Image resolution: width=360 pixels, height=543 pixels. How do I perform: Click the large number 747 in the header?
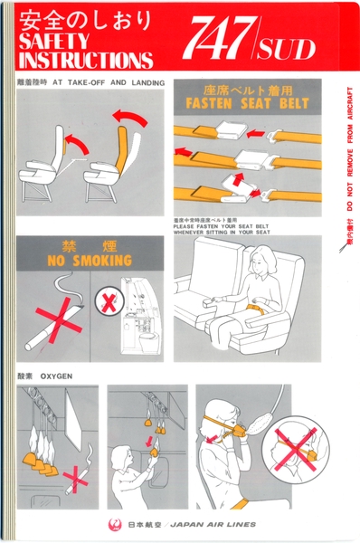click(x=216, y=40)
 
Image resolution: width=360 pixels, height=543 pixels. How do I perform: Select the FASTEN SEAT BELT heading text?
click(x=247, y=104)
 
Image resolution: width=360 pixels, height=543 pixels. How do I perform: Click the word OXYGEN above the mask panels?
click(x=56, y=375)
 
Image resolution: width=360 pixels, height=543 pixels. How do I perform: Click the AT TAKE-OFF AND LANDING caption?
click(x=108, y=82)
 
